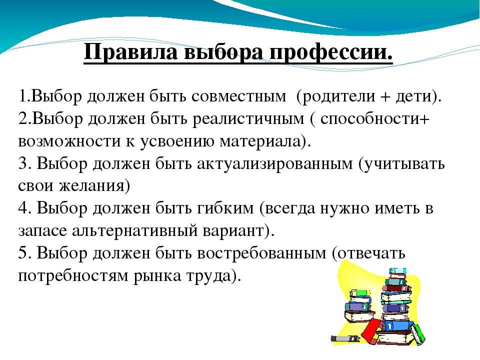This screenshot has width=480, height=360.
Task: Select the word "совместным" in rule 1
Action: [x=239, y=96]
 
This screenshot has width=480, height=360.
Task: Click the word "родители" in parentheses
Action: [x=335, y=96]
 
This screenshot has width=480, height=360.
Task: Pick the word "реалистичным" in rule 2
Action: [x=248, y=119]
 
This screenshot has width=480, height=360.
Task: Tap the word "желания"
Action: [x=91, y=186]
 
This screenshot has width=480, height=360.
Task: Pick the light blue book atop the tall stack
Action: [x=397, y=271]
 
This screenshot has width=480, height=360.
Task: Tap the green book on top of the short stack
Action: [x=360, y=293]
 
